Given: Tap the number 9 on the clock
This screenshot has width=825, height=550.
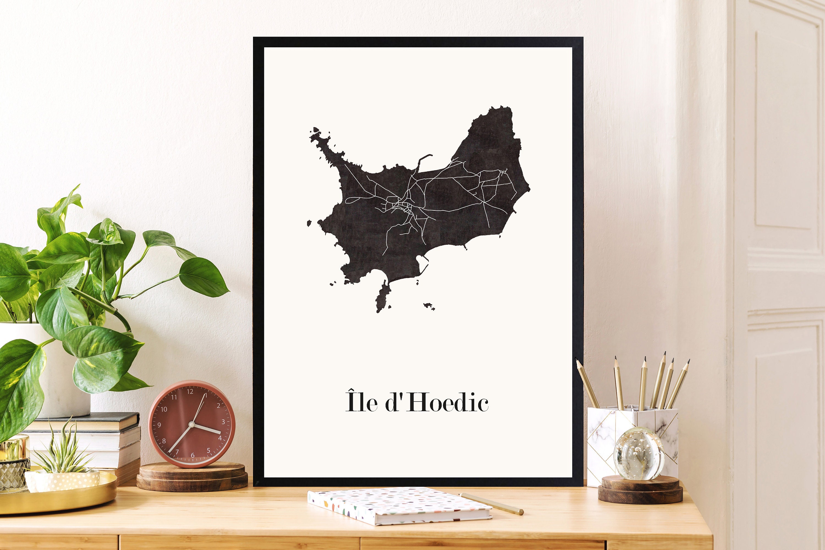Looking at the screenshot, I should [x=159, y=425].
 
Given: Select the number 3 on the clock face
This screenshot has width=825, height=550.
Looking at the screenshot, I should [x=223, y=422].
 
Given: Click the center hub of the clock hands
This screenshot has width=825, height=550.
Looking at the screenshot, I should [x=191, y=424].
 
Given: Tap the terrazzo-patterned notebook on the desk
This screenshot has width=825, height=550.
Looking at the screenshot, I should [x=398, y=505].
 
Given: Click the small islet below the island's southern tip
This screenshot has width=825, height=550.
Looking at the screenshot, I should [x=429, y=306].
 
